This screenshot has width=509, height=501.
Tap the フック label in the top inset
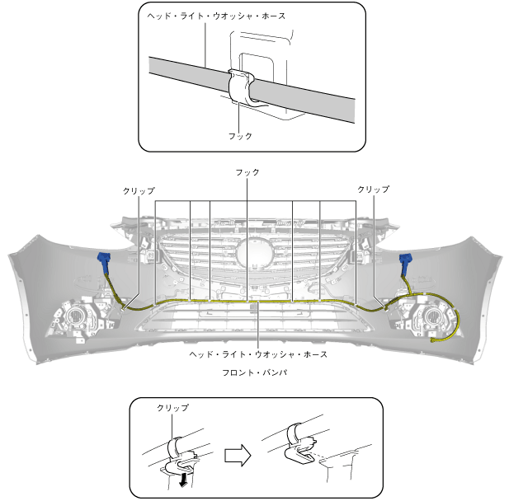[240, 135]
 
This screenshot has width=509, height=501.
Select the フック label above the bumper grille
[247, 172]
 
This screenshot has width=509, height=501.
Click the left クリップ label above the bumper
[138, 190]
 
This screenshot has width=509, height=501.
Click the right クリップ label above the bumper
[373, 190]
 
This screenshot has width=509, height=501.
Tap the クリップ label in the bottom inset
[172, 408]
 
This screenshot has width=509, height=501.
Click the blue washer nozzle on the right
[405, 263]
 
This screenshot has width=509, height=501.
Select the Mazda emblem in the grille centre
[254, 250]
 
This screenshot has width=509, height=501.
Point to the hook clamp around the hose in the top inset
[242, 89]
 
